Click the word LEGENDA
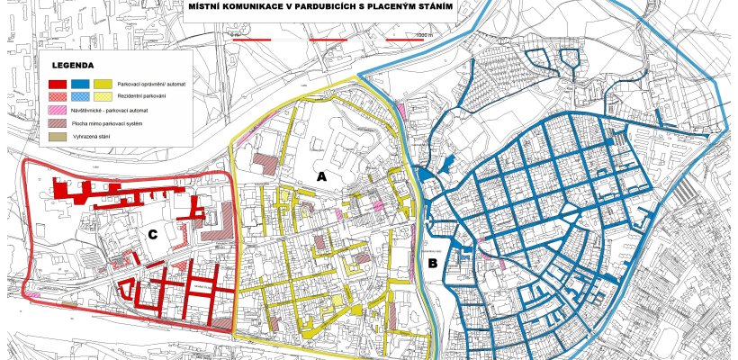[x=73, y=66]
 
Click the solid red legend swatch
[x=58, y=83]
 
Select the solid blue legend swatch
[x=79, y=83]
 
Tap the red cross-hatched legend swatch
[x=58, y=94]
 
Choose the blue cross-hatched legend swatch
[x=79, y=94]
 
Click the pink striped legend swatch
[x=58, y=108]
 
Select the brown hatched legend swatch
[x=58, y=121]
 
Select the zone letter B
[x=433, y=263]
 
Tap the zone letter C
[x=154, y=234]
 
